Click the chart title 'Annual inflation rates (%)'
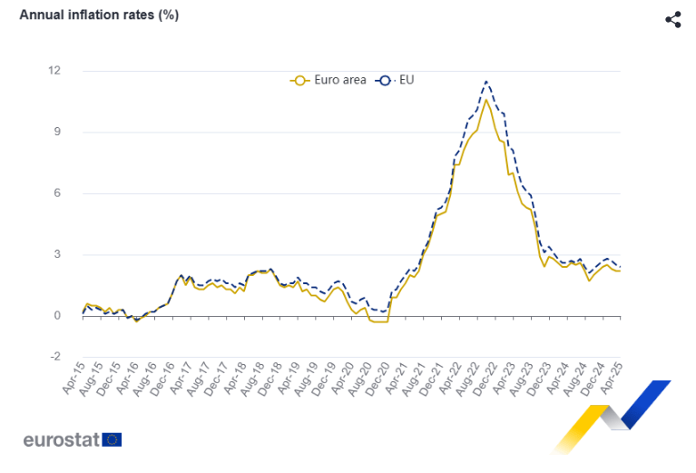point(99,15)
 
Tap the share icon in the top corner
point(673,19)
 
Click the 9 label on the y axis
point(57,133)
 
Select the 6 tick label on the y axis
point(57,193)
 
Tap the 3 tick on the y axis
point(57,255)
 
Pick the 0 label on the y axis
point(57,316)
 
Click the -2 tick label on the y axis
point(55,357)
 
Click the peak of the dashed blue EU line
point(487,82)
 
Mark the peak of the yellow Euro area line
point(486,100)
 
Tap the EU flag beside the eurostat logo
point(113,440)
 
